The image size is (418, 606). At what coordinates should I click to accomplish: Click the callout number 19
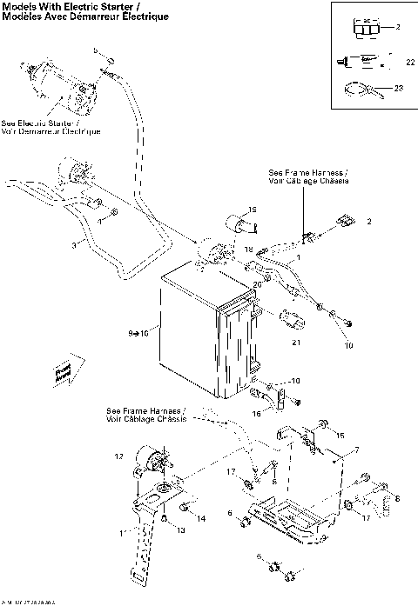(x=253, y=210)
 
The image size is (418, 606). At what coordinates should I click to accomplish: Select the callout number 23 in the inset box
(x=400, y=87)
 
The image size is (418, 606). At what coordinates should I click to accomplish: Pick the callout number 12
(x=119, y=456)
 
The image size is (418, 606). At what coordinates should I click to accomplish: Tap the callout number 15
(x=340, y=436)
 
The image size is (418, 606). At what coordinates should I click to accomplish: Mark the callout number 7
(x=356, y=450)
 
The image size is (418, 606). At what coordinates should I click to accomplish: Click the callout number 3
(x=74, y=247)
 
